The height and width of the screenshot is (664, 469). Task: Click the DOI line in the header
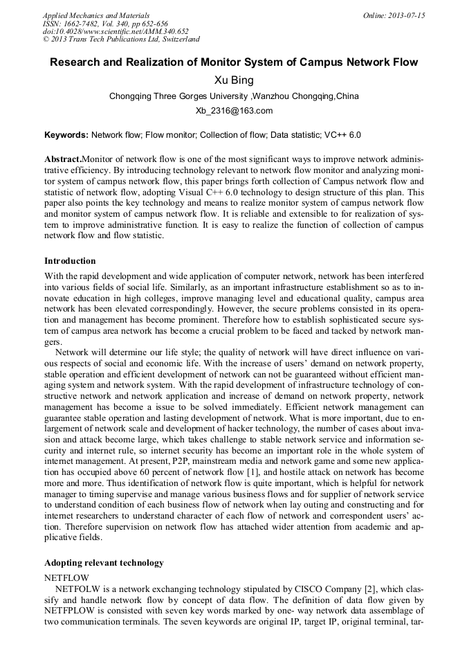coord(116,31)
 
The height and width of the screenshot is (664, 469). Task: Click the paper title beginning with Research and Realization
coord(234,62)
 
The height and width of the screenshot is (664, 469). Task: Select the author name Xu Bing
coord(234,80)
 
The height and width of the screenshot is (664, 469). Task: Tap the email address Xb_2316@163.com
coord(234,111)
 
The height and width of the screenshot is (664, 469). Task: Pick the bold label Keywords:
coord(66,135)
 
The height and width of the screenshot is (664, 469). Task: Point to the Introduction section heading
coord(70,261)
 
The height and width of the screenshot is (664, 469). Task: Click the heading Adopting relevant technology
coord(104,562)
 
